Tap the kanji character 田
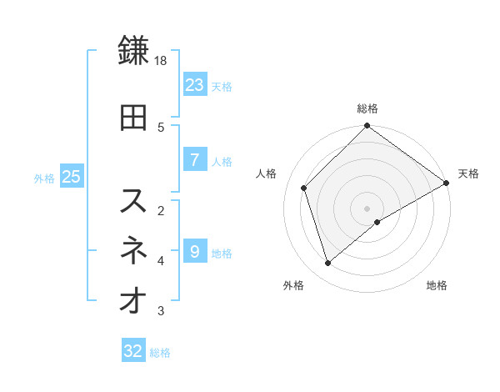click(x=134, y=118)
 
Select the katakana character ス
click(x=134, y=200)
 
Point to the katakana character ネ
click(x=134, y=250)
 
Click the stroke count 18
click(x=162, y=61)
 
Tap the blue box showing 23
click(x=194, y=84)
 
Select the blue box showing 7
click(x=194, y=160)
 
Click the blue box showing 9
click(x=194, y=250)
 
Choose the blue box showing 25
click(x=71, y=177)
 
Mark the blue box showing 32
click(x=133, y=351)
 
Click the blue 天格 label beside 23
click(x=222, y=86)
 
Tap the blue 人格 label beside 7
click(x=222, y=162)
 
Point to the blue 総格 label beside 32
click(x=160, y=353)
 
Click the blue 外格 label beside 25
click(x=44, y=178)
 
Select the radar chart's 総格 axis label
click(x=367, y=108)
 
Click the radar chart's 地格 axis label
click(x=437, y=285)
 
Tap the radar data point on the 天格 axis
click(x=446, y=183)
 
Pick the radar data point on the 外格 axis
click(x=327, y=264)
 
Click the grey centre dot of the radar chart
click(x=367, y=208)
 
